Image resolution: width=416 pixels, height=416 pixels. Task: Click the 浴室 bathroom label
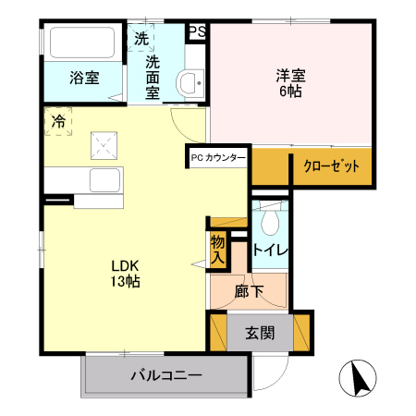84,78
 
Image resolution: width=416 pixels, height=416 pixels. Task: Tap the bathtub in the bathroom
80,44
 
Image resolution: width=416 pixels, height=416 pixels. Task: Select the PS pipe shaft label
197,31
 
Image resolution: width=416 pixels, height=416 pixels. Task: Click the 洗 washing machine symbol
141,39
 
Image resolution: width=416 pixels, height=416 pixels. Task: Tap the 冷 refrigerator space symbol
58,121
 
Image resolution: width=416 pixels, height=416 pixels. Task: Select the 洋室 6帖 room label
291,83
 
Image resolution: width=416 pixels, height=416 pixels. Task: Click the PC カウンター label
218,158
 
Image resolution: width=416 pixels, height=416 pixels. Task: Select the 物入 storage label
217,250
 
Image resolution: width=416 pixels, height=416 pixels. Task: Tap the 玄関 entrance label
260,334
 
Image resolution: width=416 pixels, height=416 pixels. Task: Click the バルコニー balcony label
166,375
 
